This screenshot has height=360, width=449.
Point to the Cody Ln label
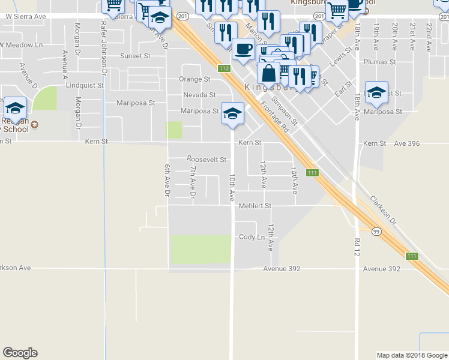point(252,237)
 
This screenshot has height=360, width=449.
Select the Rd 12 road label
point(356,245)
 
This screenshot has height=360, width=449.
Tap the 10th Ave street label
point(232,188)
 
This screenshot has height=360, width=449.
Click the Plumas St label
point(380,62)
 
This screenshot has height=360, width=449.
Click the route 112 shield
point(224,68)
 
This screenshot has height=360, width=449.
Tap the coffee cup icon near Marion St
point(243,49)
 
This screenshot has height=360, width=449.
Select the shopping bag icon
point(268,73)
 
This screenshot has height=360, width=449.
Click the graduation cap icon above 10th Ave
point(232,112)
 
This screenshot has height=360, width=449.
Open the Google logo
point(20,353)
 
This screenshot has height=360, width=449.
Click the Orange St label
point(195,79)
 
